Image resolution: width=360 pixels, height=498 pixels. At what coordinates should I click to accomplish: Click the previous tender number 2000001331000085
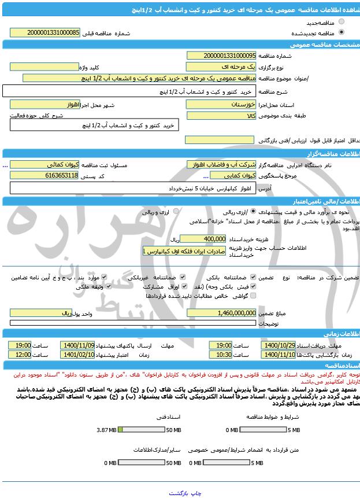point(46,33)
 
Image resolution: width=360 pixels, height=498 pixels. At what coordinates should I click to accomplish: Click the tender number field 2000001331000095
point(221,56)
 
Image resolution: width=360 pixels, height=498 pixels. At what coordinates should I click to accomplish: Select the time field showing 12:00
point(20,355)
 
